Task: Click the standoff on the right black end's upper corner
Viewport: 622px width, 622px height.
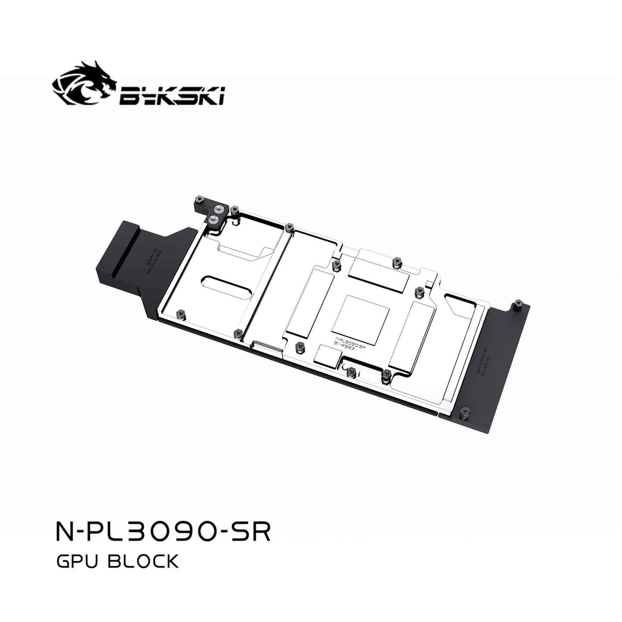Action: (516, 306)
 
